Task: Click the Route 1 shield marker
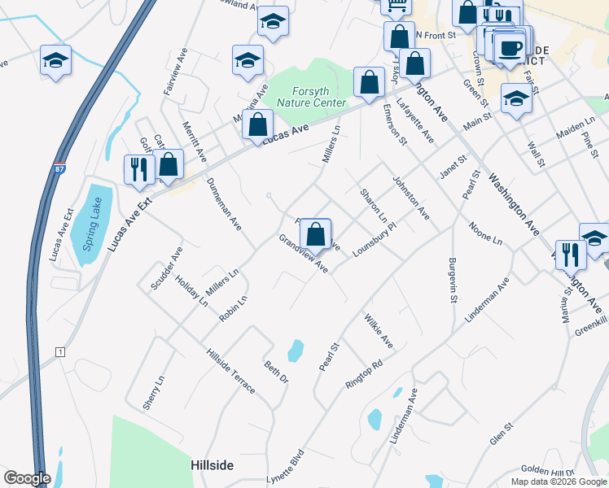click(x=59, y=351)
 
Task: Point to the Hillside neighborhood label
click(x=212, y=465)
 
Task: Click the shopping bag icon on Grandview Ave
click(x=316, y=234)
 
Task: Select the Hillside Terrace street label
click(x=232, y=371)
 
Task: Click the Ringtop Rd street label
click(x=364, y=374)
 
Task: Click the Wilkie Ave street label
click(x=379, y=331)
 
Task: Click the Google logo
click(x=26, y=478)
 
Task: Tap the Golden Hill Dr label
click(x=549, y=471)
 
